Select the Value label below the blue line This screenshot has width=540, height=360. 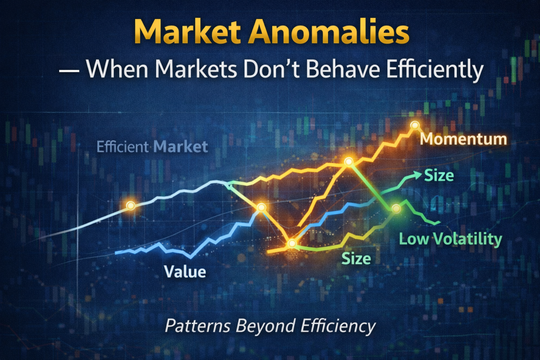[x=185, y=272]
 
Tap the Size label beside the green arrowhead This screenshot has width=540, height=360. [x=439, y=174]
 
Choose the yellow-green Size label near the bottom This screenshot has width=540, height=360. [x=356, y=258]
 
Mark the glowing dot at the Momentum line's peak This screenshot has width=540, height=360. [x=415, y=125]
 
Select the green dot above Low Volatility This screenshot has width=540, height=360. [x=397, y=209]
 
